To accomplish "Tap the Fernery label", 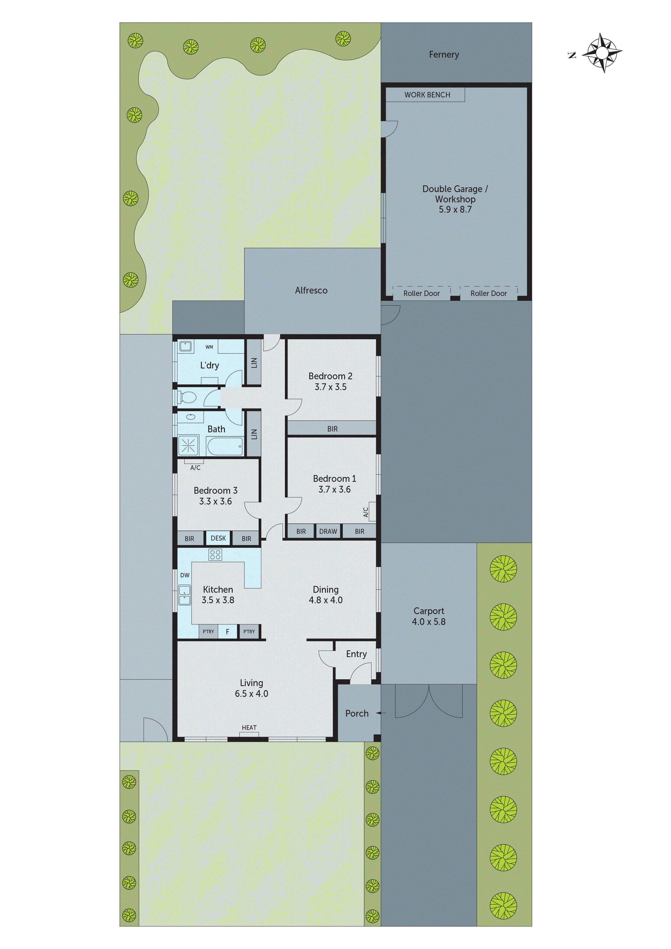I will pyautogui.click(x=444, y=55).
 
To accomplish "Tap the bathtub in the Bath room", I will pyautogui.click(x=225, y=446).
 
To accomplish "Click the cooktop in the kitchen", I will pyautogui.click(x=215, y=555).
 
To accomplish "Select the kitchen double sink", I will pyautogui.click(x=185, y=595).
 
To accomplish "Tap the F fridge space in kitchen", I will pyautogui.click(x=227, y=632).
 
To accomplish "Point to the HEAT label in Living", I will pyautogui.click(x=249, y=727).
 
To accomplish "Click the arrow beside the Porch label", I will pyautogui.click(x=380, y=713).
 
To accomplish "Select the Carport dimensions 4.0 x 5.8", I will pyautogui.click(x=429, y=622).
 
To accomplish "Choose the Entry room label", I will pyautogui.click(x=356, y=654).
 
